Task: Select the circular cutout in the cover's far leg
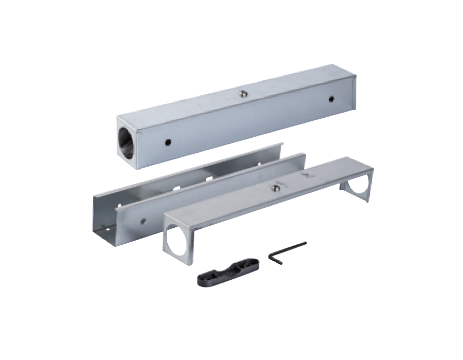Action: (x=359, y=185)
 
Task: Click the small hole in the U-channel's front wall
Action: (x=143, y=221)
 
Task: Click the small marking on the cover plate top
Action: (x=307, y=175)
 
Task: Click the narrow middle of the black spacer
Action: (x=228, y=271)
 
